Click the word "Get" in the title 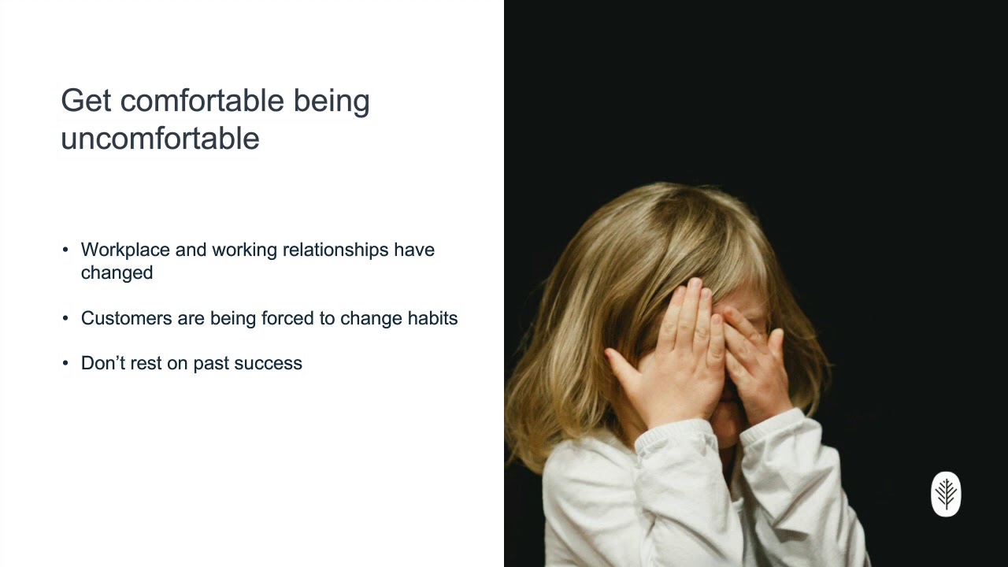pos(86,100)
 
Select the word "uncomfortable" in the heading pos(160,138)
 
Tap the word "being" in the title pos(332,102)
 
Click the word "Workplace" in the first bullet pos(125,250)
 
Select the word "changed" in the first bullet pos(117,273)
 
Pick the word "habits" pos(433,318)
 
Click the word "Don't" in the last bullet pos(103,363)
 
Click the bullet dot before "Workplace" pos(65,250)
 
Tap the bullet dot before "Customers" pos(65,318)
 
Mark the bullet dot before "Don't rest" pos(65,363)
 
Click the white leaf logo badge pos(946,494)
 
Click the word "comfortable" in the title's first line pos(202,100)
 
